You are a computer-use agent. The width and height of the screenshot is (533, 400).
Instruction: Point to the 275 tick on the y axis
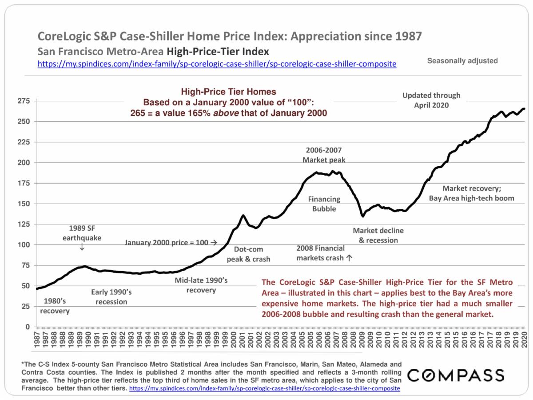(x=23, y=101)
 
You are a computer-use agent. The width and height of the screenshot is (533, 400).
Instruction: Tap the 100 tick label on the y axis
(x=23, y=245)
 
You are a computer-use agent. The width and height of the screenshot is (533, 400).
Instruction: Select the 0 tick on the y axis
(x=27, y=327)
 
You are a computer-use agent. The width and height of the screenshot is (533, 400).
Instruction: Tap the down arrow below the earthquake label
(x=82, y=247)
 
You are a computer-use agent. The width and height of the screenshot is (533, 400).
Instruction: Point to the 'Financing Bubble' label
(x=324, y=204)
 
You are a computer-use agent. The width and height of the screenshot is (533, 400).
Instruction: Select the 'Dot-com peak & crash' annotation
(x=248, y=254)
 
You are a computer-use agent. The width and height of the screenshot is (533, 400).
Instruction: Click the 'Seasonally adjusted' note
(x=462, y=61)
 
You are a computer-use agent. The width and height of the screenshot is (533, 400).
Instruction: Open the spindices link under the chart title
(x=217, y=64)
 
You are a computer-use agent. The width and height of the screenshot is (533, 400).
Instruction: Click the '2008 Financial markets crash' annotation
(x=324, y=253)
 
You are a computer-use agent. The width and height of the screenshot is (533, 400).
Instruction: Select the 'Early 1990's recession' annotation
(x=109, y=297)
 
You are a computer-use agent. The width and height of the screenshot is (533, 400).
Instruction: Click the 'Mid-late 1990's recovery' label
(x=201, y=285)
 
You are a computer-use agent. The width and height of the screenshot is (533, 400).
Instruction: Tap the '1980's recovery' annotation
(x=55, y=306)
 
